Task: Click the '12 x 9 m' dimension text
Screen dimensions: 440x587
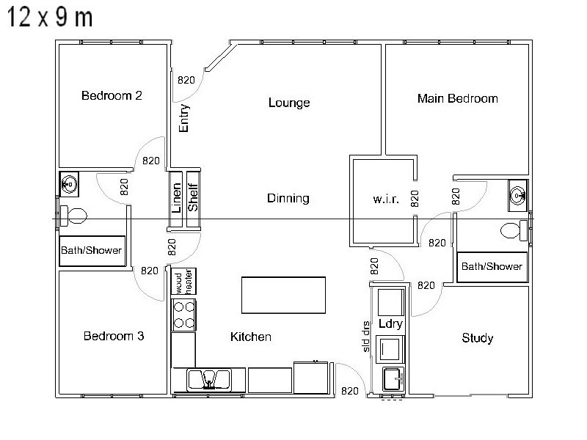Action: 50,18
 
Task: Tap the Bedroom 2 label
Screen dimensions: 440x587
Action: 112,95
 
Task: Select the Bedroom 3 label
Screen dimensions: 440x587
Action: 113,337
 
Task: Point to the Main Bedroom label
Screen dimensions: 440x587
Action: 457,98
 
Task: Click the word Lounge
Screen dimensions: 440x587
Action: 288,103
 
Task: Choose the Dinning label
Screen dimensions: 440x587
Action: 288,198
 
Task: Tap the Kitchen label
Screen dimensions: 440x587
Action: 251,337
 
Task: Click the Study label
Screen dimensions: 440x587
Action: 477,338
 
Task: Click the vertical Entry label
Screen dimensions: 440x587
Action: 184,118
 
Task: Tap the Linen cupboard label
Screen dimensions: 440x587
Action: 176,193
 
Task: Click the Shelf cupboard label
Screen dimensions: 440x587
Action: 193,193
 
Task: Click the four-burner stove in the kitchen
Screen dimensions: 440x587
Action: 183,314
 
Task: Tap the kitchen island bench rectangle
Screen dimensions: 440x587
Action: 284,294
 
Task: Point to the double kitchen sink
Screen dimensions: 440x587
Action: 208,379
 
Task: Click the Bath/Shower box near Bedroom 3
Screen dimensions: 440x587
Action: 91,250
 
